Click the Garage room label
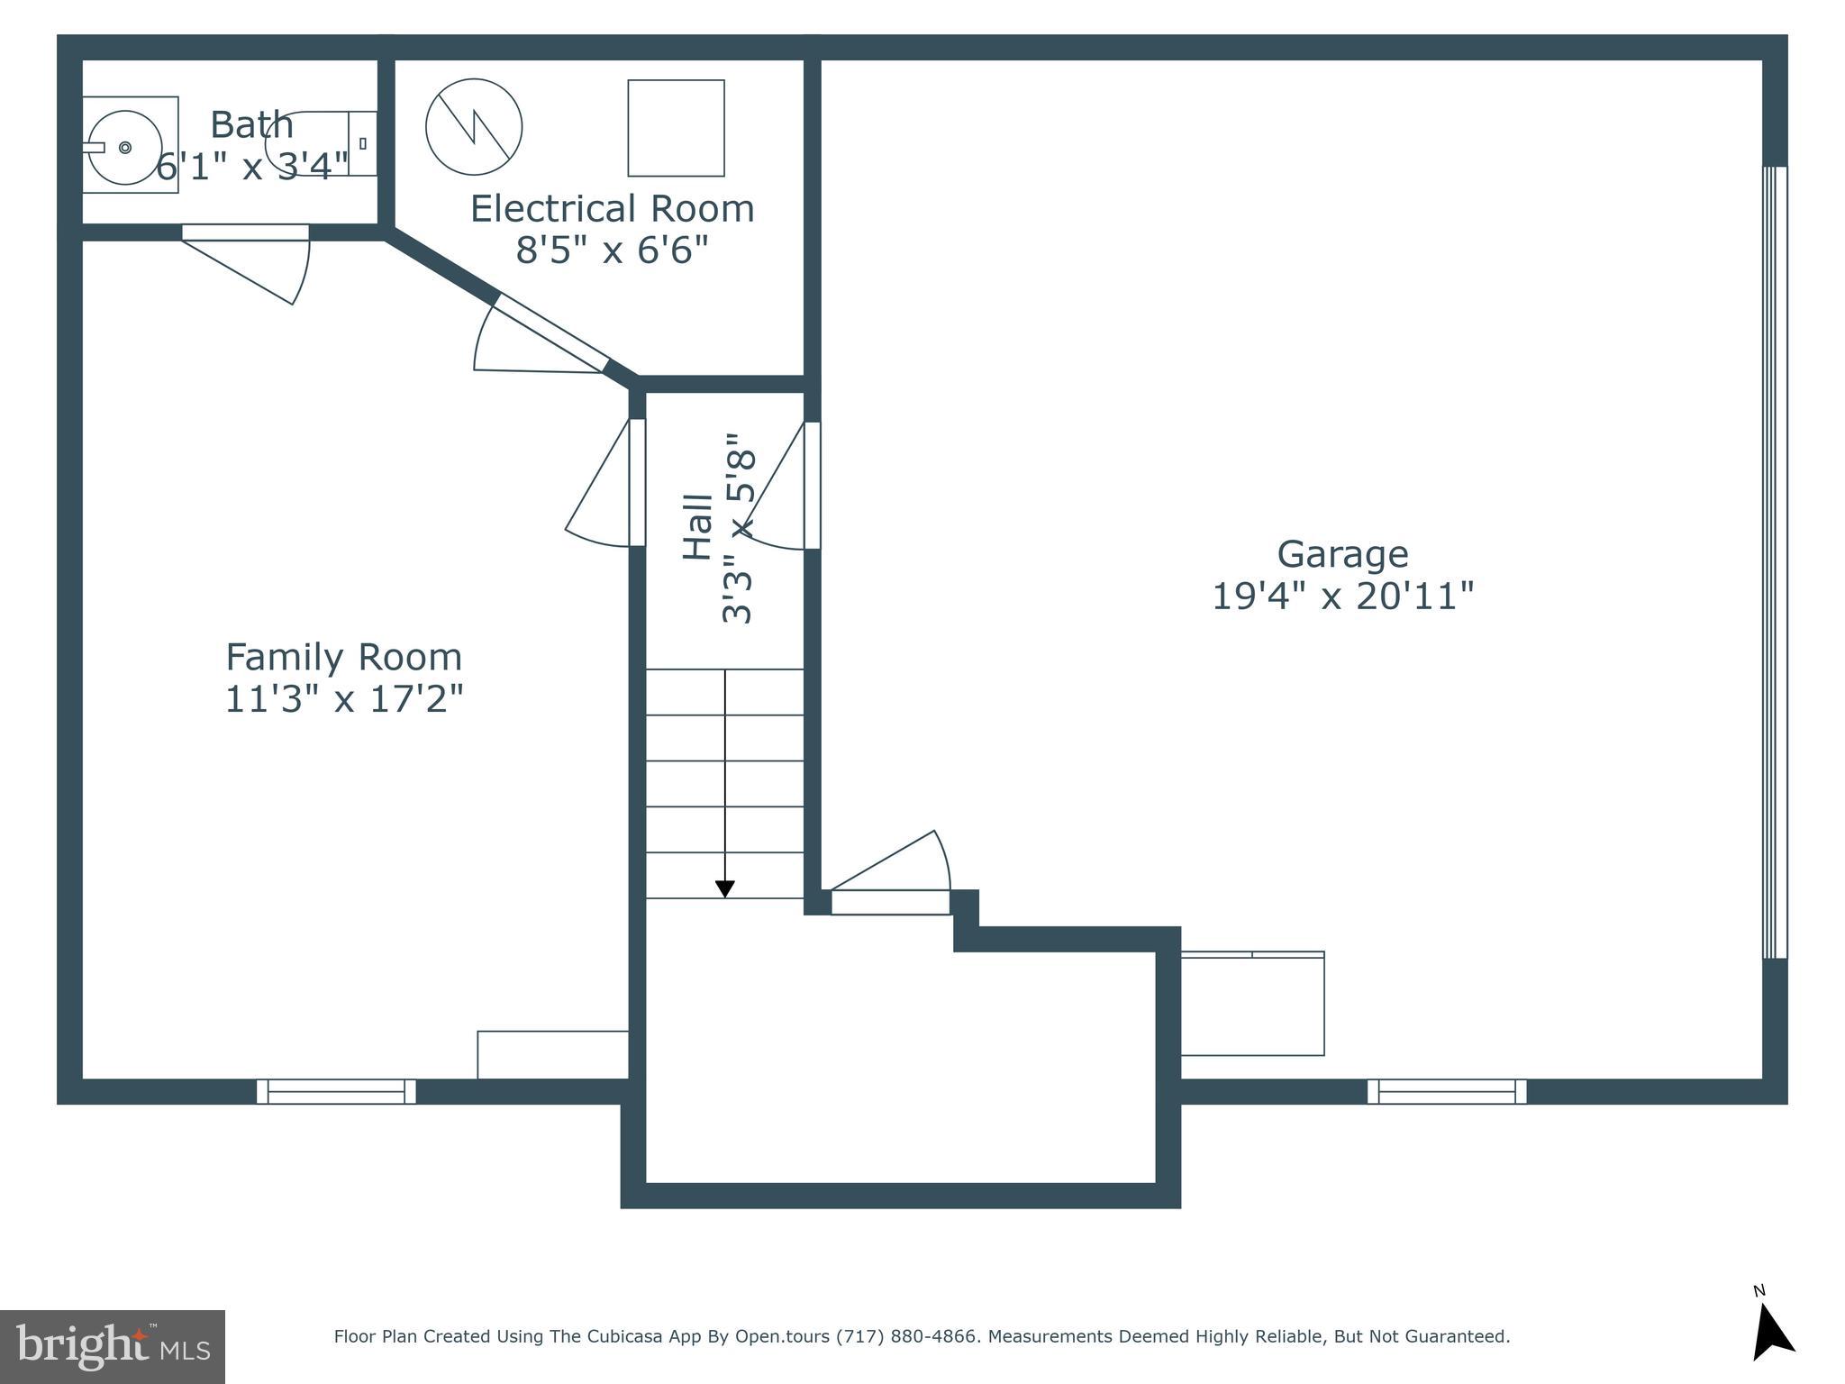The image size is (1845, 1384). click(x=1342, y=554)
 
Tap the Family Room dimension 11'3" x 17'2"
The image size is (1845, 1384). click(x=343, y=699)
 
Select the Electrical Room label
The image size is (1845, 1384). click(x=612, y=209)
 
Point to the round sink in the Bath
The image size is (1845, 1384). click(x=125, y=147)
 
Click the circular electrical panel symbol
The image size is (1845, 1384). click(x=474, y=127)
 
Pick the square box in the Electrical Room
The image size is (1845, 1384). click(x=676, y=128)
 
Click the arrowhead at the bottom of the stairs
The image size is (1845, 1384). click(x=724, y=889)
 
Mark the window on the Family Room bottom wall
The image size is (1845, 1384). click(x=336, y=1091)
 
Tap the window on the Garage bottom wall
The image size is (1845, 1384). click(x=1447, y=1091)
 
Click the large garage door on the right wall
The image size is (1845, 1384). click(x=1774, y=562)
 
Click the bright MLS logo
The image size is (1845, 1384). click(x=112, y=1346)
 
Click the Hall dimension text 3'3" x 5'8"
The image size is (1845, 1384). click(x=737, y=530)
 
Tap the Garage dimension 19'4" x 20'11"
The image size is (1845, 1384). click(x=1342, y=596)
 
